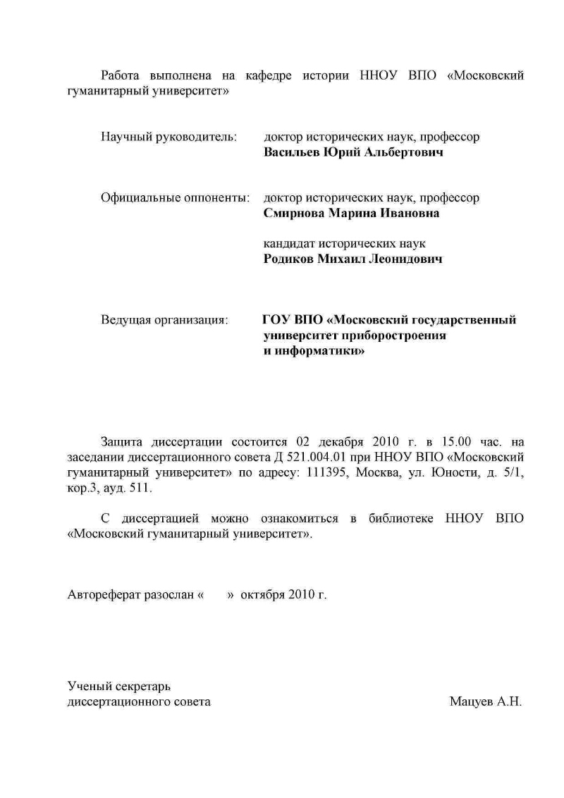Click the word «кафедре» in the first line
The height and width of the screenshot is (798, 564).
click(x=268, y=75)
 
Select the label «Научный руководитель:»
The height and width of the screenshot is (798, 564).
click(x=168, y=136)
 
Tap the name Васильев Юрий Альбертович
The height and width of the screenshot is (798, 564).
click(x=353, y=152)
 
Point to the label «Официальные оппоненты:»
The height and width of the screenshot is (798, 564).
click(x=176, y=197)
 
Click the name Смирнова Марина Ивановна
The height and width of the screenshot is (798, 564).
click(x=351, y=214)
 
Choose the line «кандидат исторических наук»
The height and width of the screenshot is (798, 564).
click(x=344, y=243)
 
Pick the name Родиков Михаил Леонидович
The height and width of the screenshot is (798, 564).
click(x=352, y=259)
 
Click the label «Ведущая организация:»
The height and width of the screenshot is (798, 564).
click(x=164, y=320)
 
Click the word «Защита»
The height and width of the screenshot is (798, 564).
click(x=121, y=442)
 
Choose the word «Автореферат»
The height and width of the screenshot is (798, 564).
click(x=104, y=594)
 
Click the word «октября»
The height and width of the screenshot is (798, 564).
click(x=262, y=594)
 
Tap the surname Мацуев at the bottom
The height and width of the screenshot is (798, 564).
click(x=470, y=702)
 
